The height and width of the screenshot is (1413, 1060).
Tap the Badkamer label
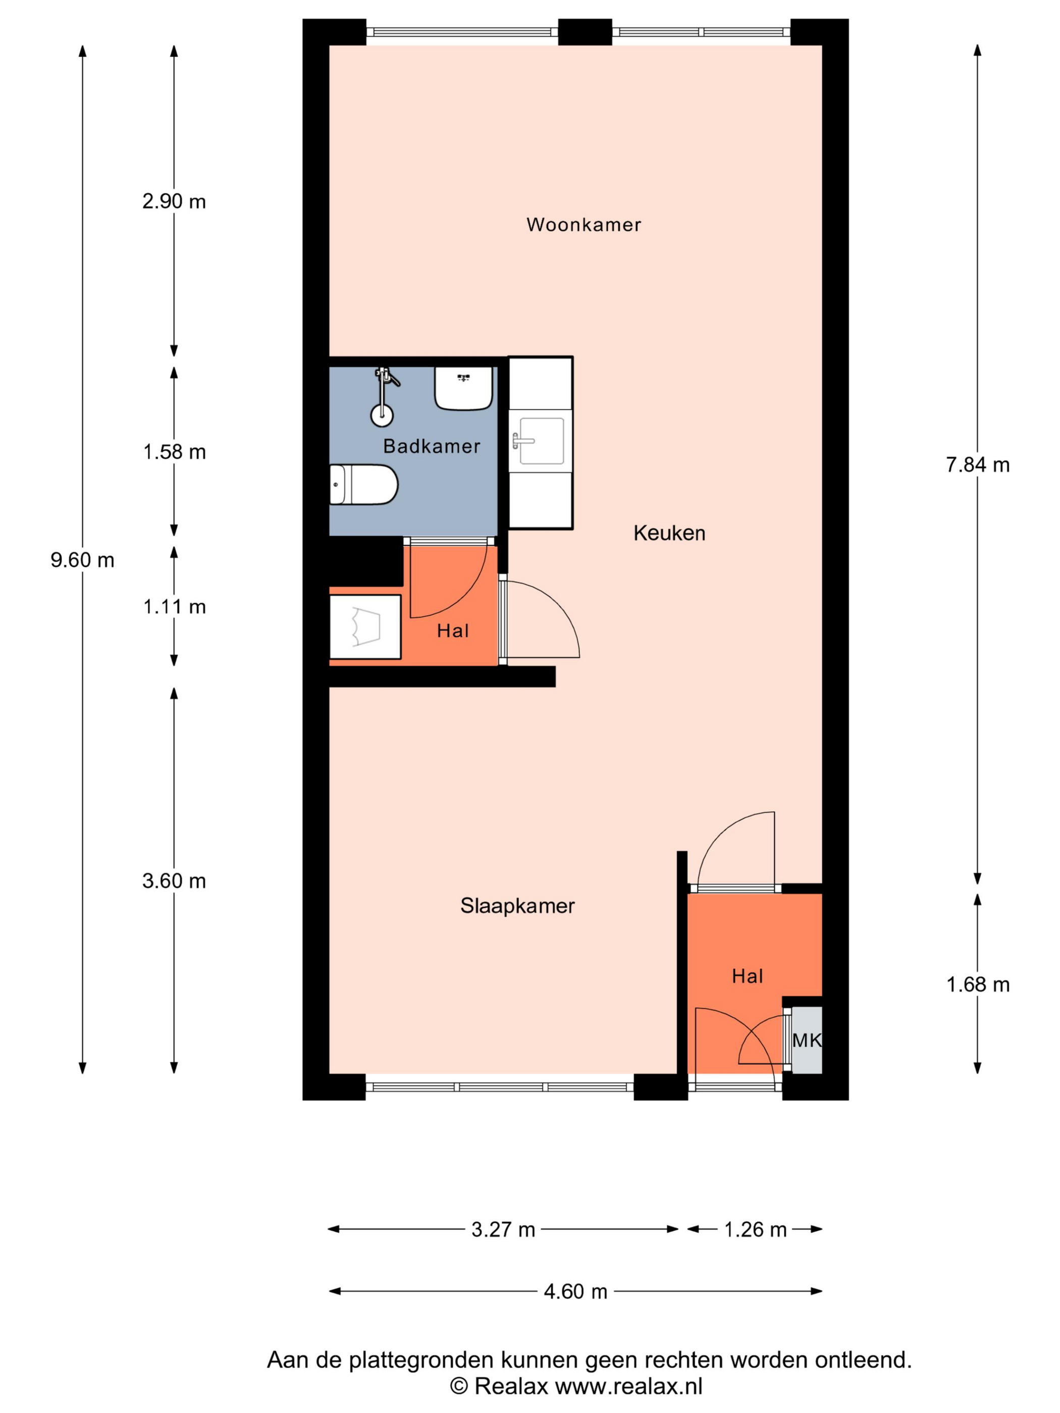[431, 446]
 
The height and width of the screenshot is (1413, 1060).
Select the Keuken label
[669, 533]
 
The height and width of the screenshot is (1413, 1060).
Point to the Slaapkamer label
[517, 906]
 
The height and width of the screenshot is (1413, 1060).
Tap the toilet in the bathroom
[363, 485]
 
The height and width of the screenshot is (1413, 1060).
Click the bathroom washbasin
[464, 388]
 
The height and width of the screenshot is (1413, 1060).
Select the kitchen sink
[541, 441]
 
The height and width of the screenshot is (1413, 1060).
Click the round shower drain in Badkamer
[382, 416]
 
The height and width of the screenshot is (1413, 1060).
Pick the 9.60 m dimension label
[82, 560]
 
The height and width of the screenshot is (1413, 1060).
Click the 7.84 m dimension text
[978, 465]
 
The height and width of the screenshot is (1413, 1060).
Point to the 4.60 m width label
[575, 1291]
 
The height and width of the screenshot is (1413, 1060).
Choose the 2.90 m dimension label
[174, 202]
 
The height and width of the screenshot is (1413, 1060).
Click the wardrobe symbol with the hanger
[365, 627]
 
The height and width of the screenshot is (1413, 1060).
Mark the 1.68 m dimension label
[978, 985]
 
